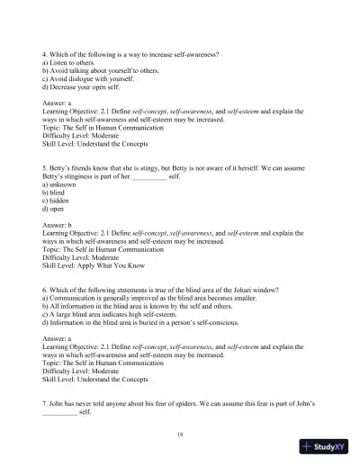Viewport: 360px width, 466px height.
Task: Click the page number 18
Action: [180, 433]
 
